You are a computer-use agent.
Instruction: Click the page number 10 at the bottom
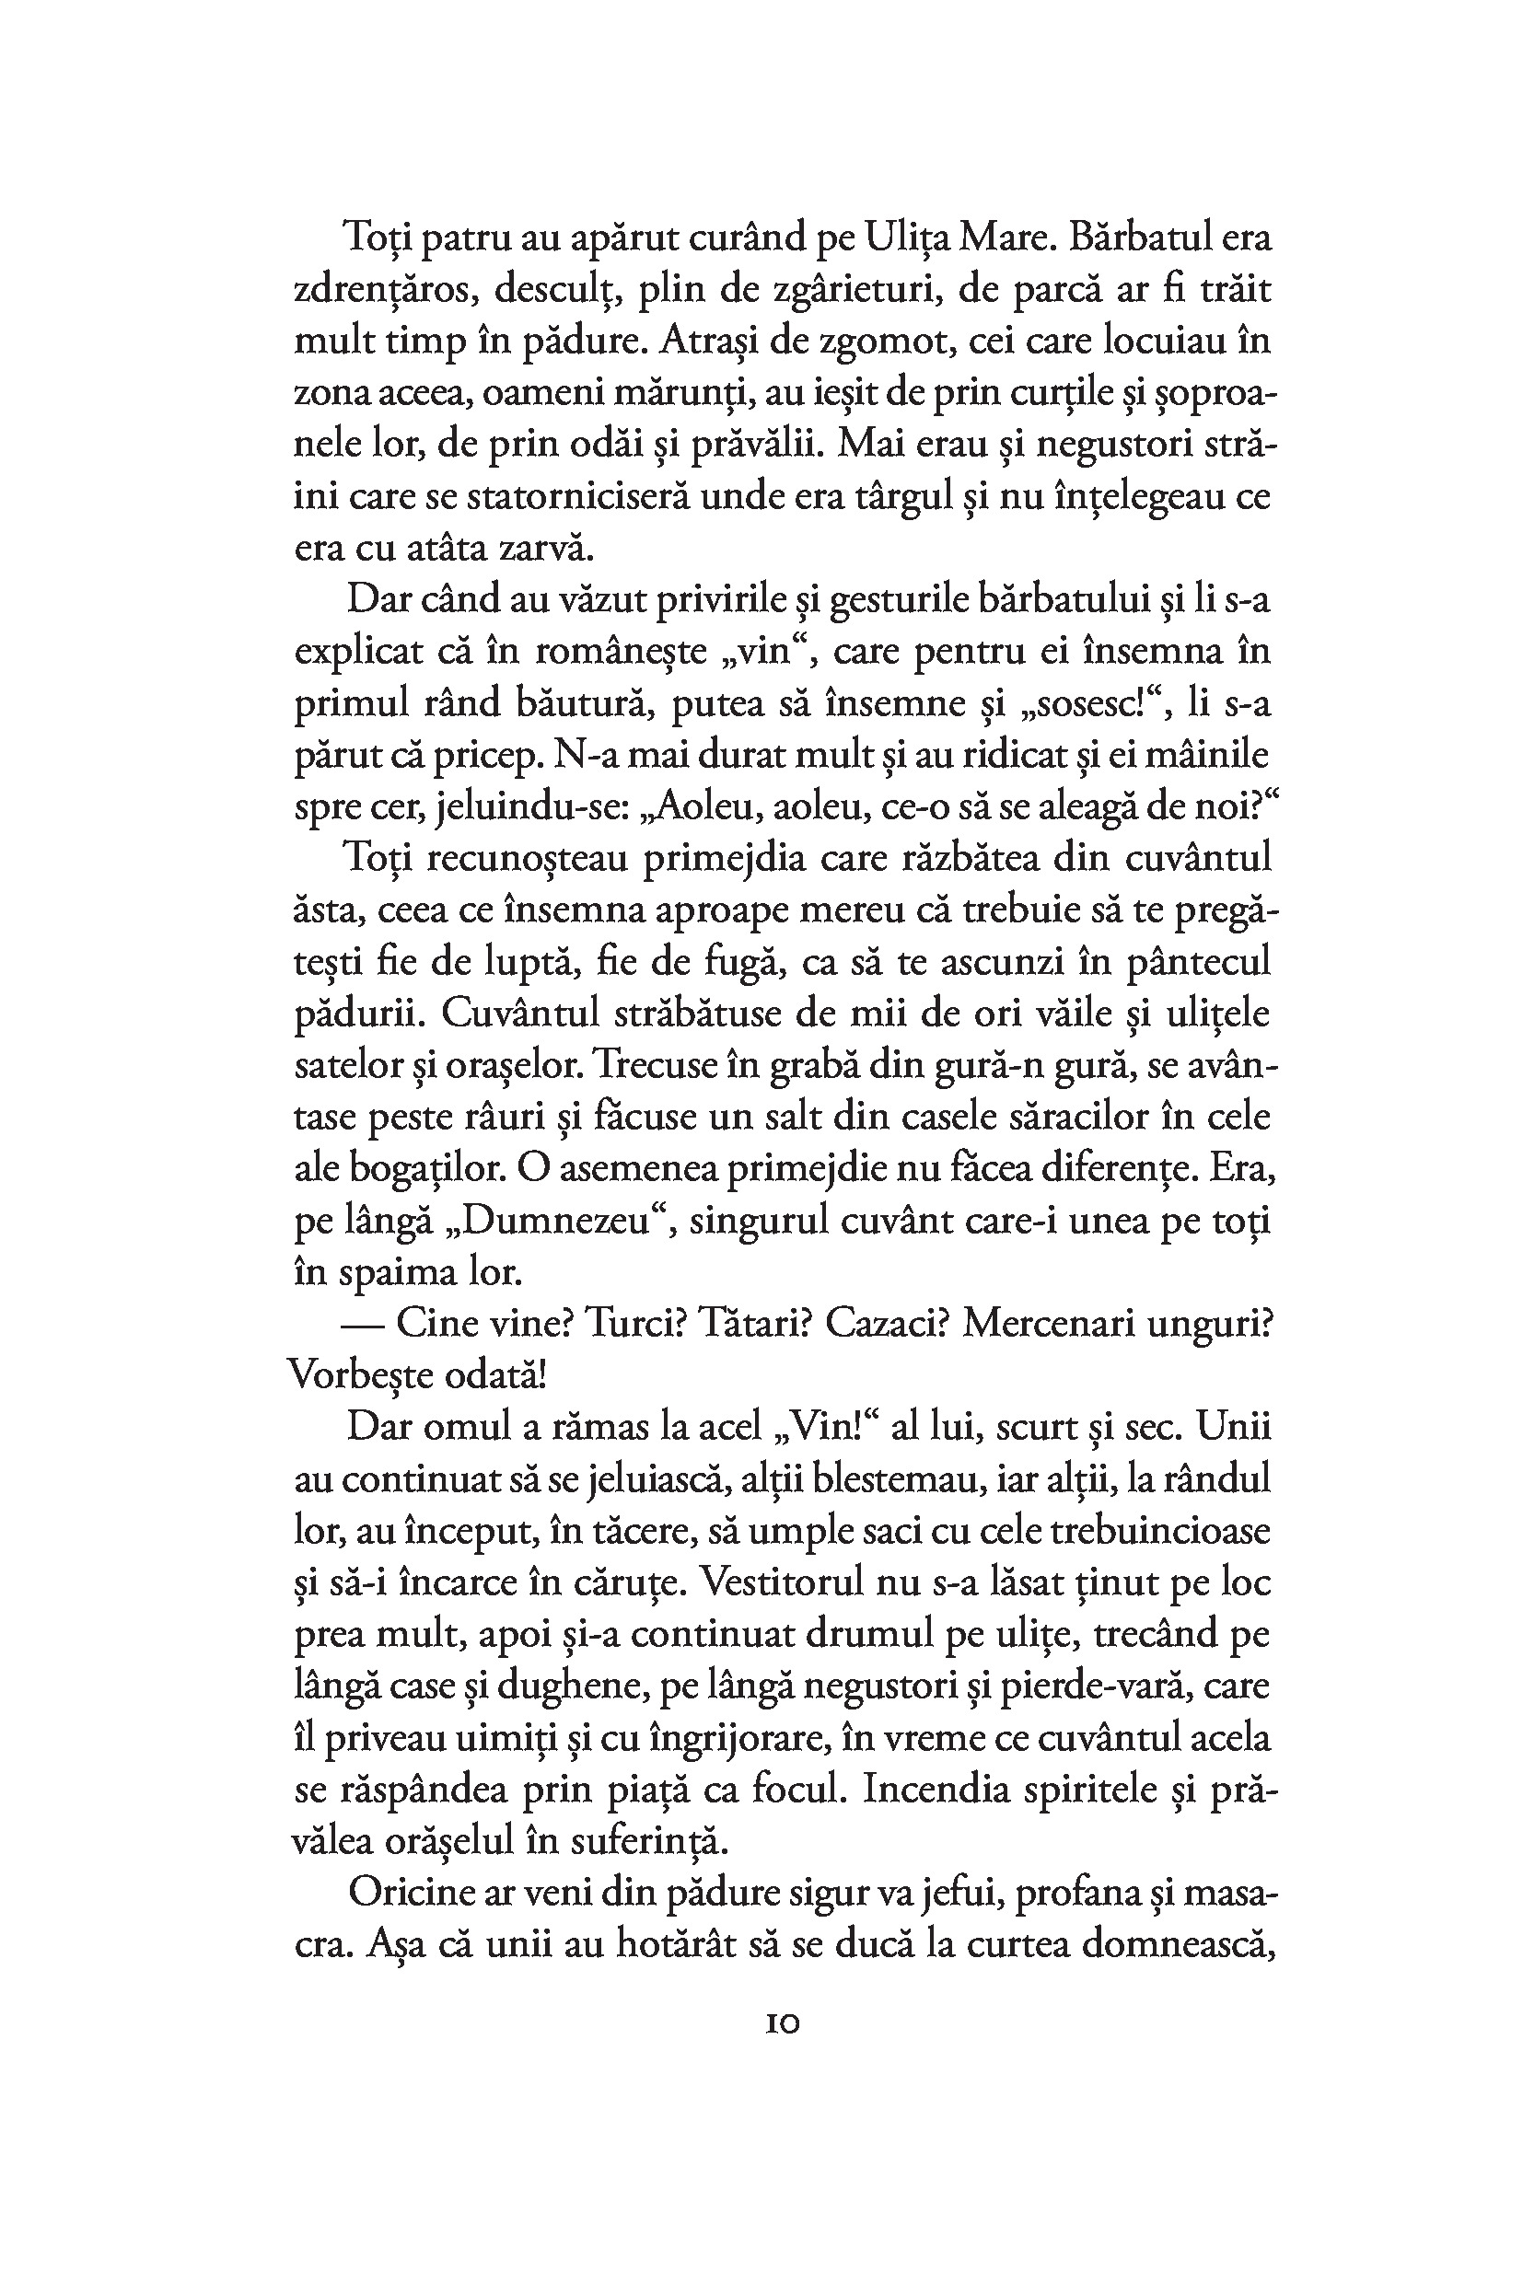(782, 2024)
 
